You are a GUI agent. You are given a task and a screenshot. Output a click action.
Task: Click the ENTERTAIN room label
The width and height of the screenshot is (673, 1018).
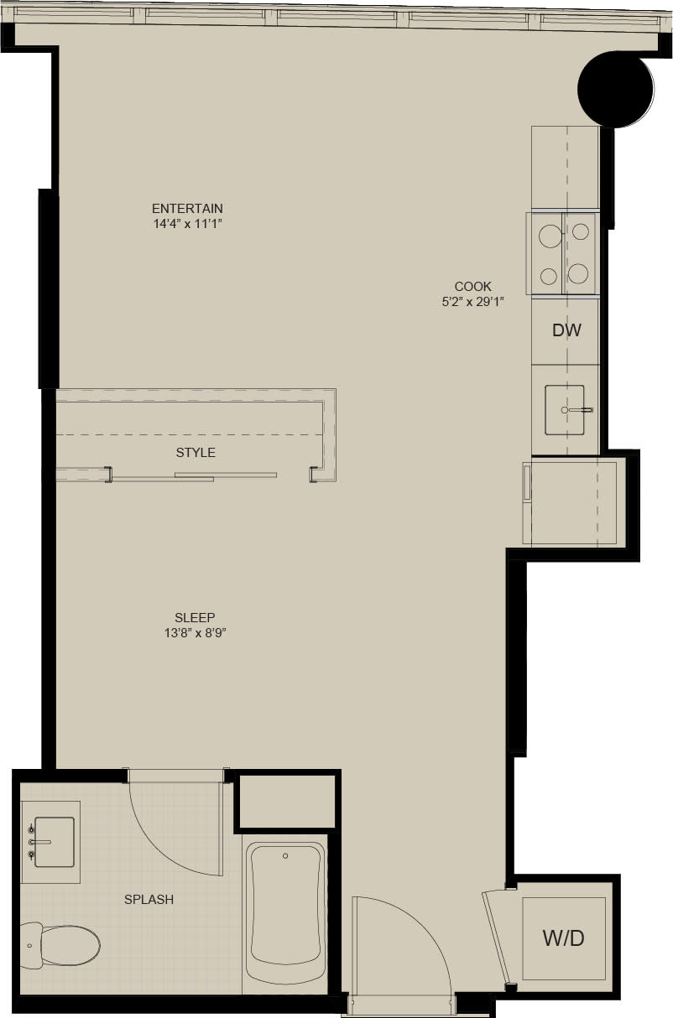click(x=187, y=208)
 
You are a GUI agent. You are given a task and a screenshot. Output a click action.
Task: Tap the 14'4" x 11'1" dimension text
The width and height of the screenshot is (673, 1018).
click(x=187, y=224)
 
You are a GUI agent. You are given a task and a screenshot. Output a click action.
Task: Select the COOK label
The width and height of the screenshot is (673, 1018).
click(x=472, y=286)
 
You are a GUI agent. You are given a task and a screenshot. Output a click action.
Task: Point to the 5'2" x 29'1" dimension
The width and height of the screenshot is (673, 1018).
click(x=472, y=302)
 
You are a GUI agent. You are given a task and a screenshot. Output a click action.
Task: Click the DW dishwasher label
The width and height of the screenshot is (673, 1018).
click(x=566, y=330)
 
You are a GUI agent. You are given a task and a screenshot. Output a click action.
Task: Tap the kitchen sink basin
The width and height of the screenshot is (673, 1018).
click(x=564, y=410)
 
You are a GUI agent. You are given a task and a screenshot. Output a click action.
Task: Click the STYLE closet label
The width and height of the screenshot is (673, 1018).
click(x=196, y=453)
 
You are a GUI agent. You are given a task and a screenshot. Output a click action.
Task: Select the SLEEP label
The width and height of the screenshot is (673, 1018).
click(x=196, y=618)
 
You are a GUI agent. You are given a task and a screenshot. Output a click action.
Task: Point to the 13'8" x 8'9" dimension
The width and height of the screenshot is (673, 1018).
click(x=196, y=634)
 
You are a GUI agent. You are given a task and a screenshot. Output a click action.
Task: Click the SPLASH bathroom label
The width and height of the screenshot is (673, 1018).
click(x=149, y=900)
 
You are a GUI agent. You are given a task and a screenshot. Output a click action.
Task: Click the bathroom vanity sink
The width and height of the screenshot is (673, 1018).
click(x=53, y=842)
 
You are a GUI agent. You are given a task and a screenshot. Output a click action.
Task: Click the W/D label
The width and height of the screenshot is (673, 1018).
click(x=564, y=938)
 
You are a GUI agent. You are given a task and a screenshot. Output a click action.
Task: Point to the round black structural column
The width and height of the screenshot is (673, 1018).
click(x=615, y=90)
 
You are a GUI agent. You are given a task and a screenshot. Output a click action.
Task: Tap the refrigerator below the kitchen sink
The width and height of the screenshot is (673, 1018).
click(x=571, y=501)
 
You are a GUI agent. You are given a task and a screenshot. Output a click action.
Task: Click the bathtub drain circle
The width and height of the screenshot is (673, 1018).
click(x=286, y=856)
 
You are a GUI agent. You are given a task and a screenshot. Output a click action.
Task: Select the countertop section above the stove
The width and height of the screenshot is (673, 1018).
click(x=564, y=168)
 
